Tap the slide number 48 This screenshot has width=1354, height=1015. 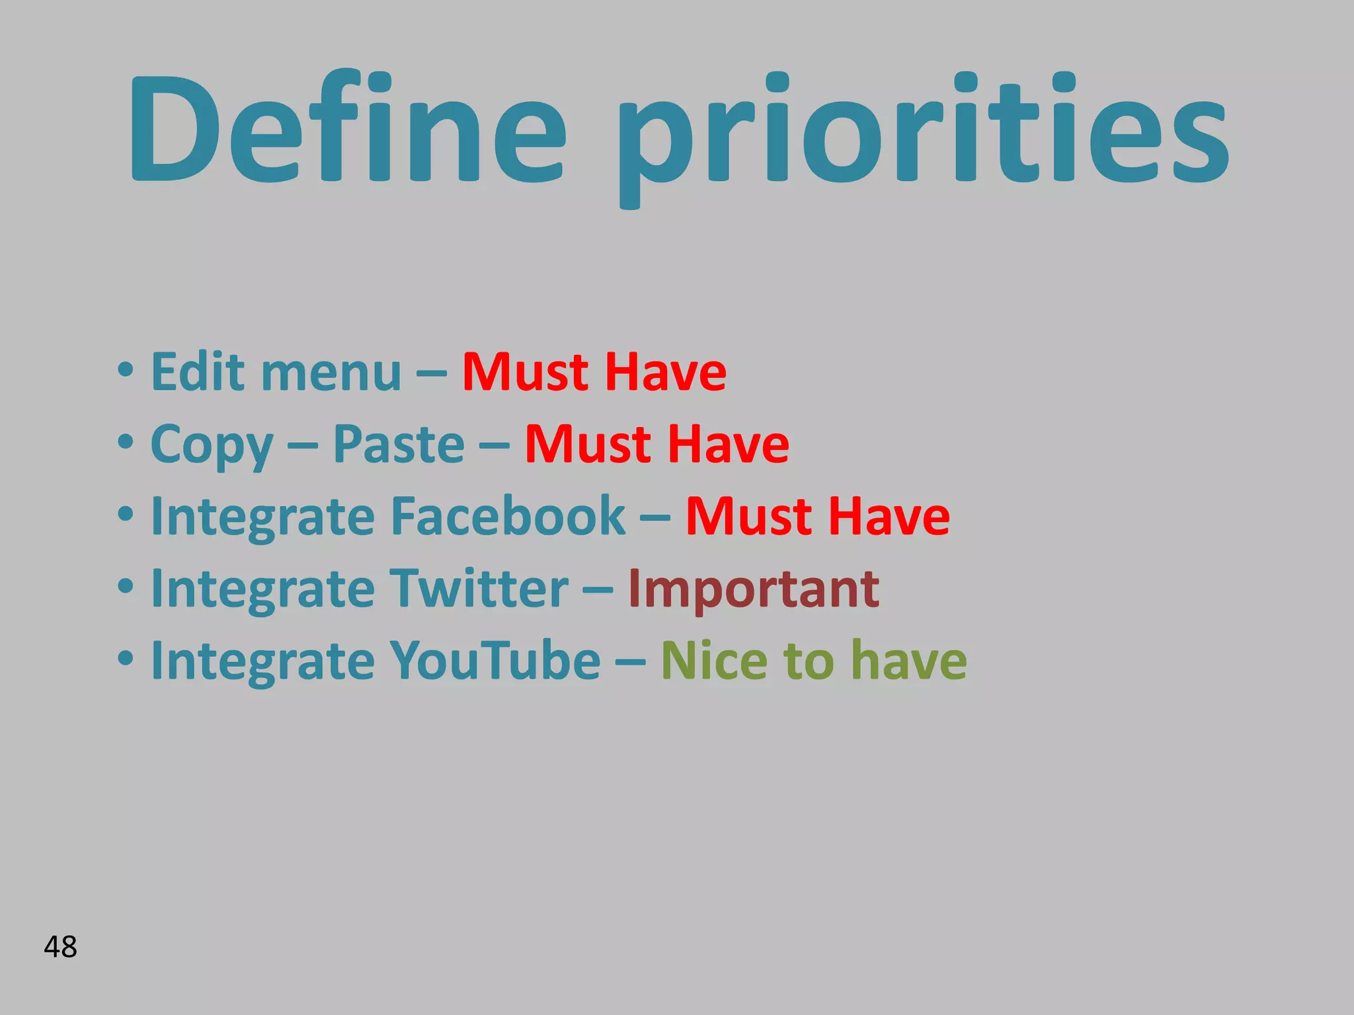tap(60, 947)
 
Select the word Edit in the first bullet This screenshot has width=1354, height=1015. tap(199, 371)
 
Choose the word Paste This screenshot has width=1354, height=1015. tap(399, 444)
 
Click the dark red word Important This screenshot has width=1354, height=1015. tap(753, 589)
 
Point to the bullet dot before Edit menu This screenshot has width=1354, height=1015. tap(125, 370)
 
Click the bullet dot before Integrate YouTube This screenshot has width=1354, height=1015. tap(125, 659)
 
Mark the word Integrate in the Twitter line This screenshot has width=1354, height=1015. tap(262, 589)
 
